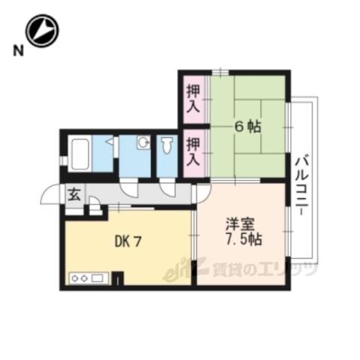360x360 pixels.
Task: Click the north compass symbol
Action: pyautogui.click(x=43, y=31)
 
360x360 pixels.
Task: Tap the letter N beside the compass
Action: pyautogui.click(x=19, y=51)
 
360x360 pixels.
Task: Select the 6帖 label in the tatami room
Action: pyautogui.click(x=247, y=127)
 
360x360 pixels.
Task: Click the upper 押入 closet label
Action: pyautogui.click(x=193, y=99)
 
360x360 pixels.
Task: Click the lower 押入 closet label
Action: pyautogui.click(x=193, y=151)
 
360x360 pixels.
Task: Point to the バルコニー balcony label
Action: pyautogui.click(x=302, y=185)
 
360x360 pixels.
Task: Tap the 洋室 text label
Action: pyautogui.click(x=240, y=224)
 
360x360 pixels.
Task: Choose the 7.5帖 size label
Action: pyautogui.click(x=244, y=239)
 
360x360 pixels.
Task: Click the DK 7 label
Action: pyautogui.click(x=128, y=241)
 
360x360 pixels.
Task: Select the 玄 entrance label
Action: pyautogui.click(x=74, y=195)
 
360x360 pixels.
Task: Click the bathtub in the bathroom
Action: pyautogui.click(x=79, y=154)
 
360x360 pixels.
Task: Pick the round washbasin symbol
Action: pyautogui.click(x=143, y=143)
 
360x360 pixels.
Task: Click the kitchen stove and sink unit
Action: pyautogui.click(x=89, y=278)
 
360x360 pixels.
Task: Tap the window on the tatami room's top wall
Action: pyautogui.click(x=220, y=73)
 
